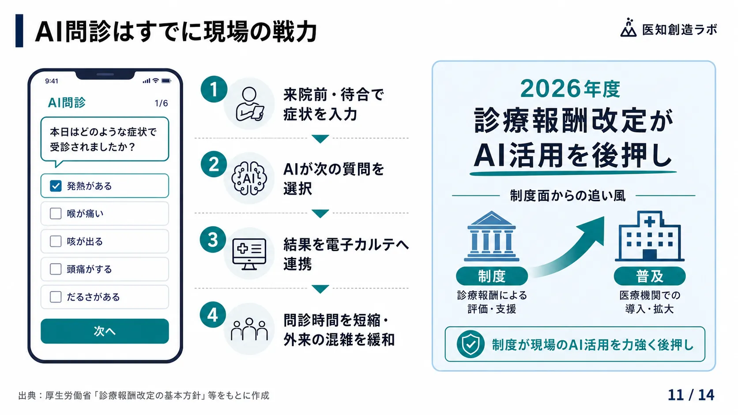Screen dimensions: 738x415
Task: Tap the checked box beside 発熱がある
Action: (x=56, y=186)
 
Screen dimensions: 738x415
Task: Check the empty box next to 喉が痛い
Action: (x=56, y=213)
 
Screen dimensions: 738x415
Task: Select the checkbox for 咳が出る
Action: (x=56, y=241)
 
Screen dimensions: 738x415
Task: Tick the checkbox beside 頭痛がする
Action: (x=56, y=269)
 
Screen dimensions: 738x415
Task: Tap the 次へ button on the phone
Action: (x=105, y=331)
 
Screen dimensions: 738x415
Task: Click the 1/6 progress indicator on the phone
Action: (x=161, y=103)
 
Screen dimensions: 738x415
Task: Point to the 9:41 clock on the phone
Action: (x=52, y=81)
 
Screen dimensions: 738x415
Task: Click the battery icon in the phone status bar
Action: (x=166, y=81)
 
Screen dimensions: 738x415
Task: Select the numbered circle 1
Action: (x=214, y=89)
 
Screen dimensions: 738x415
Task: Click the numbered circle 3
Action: (x=213, y=239)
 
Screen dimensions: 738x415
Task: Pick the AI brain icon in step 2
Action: (x=249, y=178)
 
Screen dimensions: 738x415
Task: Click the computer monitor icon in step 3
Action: (x=249, y=254)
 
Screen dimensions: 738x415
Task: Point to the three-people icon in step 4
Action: (x=249, y=329)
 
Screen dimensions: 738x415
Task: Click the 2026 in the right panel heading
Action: (x=550, y=89)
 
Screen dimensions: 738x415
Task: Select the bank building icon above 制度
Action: (x=492, y=236)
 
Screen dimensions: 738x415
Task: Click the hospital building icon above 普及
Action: (x=649, y=236)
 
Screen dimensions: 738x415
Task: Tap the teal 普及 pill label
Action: (x=649, y=276)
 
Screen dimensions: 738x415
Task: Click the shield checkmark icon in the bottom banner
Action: (x=471, y=344)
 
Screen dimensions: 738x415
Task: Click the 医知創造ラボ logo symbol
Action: (x=628, y=28)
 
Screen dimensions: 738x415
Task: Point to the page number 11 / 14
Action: (x=691, y=395)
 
